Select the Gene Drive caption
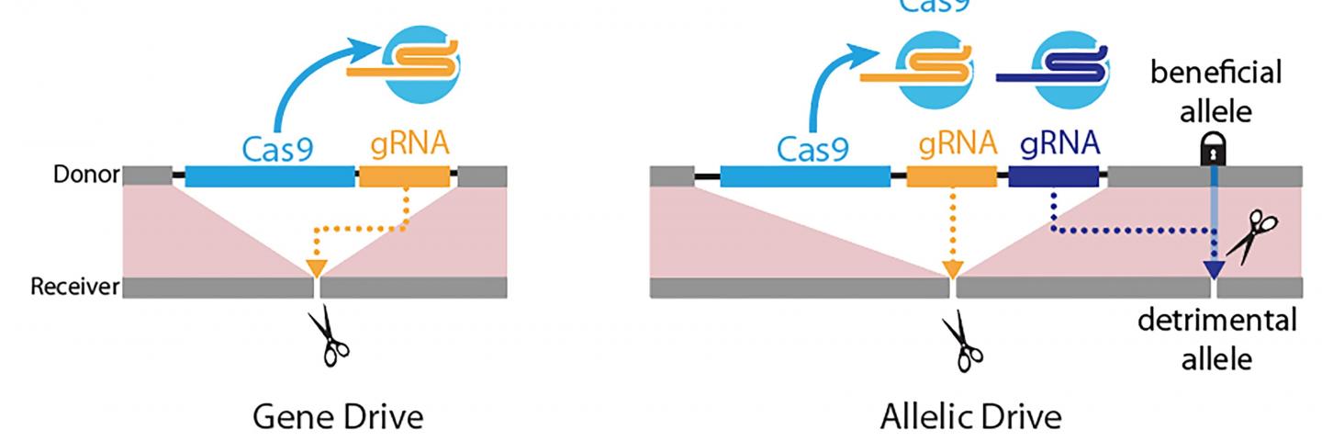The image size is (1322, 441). (337, 416)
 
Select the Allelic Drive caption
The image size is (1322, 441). (970, 416)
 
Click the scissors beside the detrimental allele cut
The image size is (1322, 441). (1253, 236)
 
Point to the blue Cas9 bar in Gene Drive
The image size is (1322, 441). (269, 176)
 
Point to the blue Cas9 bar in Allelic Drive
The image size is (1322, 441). (805, 176)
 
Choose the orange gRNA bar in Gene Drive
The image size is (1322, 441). (405, 176)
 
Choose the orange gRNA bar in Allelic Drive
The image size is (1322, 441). (951, 176)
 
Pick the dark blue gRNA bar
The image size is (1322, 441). (1054, 176)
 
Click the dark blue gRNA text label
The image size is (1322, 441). (1058, 144)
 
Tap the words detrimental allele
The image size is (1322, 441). (1216, 338)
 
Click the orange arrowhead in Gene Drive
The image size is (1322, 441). (315, 268)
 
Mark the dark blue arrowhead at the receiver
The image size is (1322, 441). (1214, 269)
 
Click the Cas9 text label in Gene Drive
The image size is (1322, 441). (279, 147)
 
